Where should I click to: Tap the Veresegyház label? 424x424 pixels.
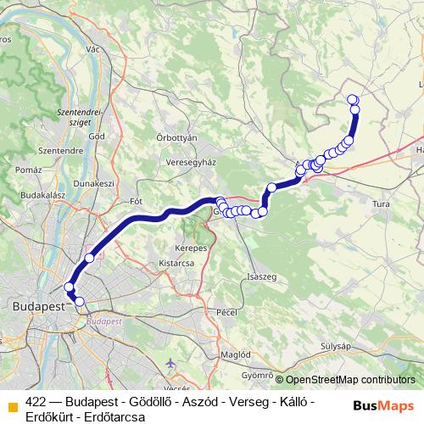(192, 162)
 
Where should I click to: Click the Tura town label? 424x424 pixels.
(381, 204)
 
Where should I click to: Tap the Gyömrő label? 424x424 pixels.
(256, 374)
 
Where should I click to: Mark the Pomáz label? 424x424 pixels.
(28, 170)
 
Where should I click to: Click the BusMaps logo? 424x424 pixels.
(382, 405)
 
